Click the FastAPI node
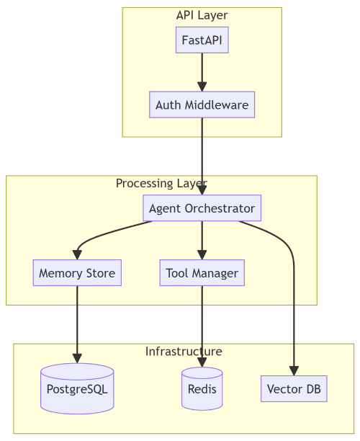202,40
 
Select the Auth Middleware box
202,104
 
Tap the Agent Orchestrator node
202,208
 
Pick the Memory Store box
77,273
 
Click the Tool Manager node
202,273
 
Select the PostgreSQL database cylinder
77,389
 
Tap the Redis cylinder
202,389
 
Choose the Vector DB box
294,389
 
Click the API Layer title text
202,15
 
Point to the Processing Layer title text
161,183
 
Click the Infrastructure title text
184,351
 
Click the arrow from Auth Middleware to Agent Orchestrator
202,155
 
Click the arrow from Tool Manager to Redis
202,324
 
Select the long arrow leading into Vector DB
294,303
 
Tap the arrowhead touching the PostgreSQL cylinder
77,358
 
